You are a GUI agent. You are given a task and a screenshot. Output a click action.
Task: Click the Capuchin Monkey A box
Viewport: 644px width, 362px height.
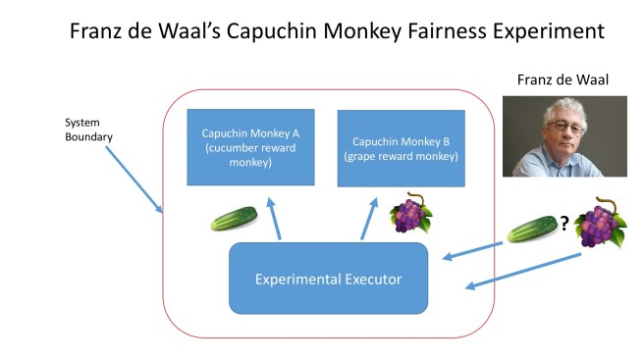[x=251, y=147]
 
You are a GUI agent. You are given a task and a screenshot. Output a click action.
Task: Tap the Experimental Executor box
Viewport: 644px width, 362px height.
[x=329, y=279]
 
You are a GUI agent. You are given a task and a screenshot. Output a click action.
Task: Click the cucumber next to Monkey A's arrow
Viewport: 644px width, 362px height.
[x=234, y=217]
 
